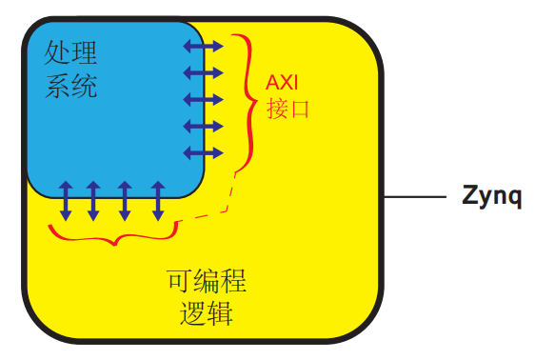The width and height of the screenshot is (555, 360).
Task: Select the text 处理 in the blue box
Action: pyautogui.click(x=71, y=53)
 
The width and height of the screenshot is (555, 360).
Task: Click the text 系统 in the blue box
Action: pyautogui.click(x=71, y=88)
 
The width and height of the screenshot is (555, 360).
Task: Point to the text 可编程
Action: pyautogui.click(x=207, y=281)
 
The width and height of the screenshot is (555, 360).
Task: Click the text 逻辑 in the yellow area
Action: pyautogui.click(x=207, y=313)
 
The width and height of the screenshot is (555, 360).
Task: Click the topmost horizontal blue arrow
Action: pyautogui.click(x=202, y=46)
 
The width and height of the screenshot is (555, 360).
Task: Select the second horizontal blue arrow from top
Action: pyautogui.click(x=202, y=71)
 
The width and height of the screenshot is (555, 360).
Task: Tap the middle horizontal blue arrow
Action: pyautogui.click(x=202, y=98)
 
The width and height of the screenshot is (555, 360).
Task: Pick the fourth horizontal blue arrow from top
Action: pyautogui.click(x=202, y=125)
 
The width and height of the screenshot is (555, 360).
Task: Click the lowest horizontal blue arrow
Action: pyautogui.click(x=202, y=151)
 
